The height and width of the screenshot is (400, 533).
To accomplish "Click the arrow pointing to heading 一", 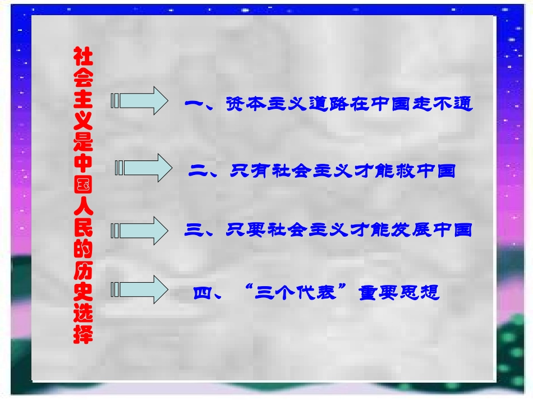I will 140,101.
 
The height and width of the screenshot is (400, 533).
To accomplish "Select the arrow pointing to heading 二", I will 144,168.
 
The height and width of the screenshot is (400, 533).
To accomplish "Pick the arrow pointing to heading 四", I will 140,289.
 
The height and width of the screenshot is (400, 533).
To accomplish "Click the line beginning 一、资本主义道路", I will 329,104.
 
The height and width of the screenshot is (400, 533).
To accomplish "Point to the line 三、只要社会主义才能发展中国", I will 328,230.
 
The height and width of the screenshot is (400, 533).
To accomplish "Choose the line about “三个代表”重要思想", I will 316,293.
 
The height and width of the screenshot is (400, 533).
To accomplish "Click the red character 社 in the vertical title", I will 83,57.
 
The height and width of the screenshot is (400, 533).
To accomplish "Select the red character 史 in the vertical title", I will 83,292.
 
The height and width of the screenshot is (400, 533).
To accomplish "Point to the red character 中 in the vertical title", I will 83,167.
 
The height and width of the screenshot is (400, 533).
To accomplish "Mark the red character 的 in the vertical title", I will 83,250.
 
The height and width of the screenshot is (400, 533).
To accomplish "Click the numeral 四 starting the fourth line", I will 203,293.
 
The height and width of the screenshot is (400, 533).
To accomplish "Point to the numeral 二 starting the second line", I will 199,171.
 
